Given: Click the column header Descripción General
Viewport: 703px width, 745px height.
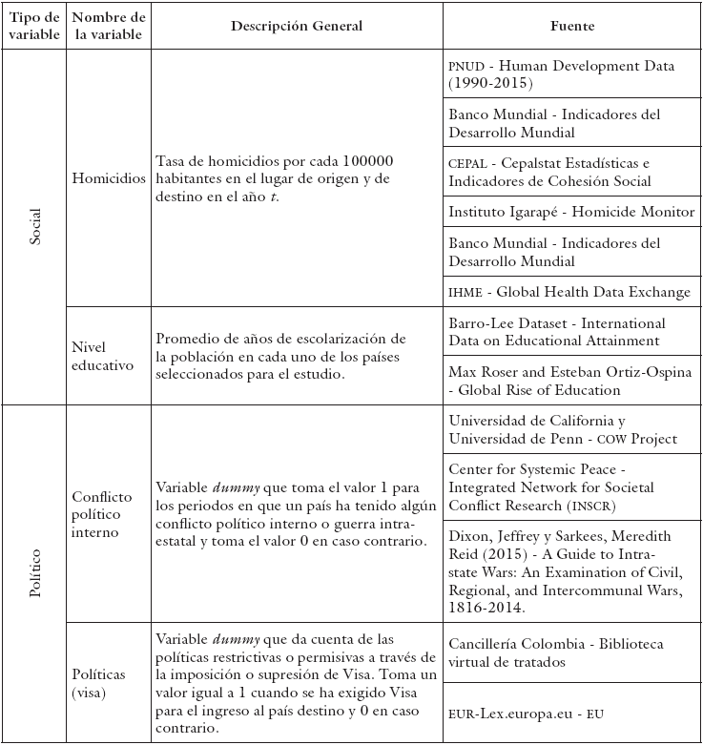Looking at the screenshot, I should (x=297, y=26).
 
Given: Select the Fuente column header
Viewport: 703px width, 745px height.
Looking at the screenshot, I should (x=571, y=26).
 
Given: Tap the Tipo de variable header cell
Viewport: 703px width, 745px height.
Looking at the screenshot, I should (x=35, y=26).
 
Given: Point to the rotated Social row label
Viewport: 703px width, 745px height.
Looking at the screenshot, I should (x=35, y=226).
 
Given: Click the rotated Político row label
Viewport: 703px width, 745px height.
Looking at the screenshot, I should (x=35, y=572).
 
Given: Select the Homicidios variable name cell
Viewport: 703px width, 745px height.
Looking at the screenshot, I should (x=109, y=178).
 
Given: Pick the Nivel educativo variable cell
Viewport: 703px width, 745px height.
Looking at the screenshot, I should (x=103, y=355).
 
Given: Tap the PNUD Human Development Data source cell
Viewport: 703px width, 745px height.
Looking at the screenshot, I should (x=570, y=74).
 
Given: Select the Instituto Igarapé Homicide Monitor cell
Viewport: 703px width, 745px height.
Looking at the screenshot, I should (x=570, y=211).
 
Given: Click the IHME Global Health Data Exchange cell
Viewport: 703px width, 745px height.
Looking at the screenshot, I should (x=570, y=291).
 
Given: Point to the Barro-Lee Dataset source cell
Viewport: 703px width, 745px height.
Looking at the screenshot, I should (x=570, y=332).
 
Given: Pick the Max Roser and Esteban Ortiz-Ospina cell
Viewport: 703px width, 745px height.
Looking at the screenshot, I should (x=570, y=381).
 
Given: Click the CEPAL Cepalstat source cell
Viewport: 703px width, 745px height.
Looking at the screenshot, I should (x=570, y=172).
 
